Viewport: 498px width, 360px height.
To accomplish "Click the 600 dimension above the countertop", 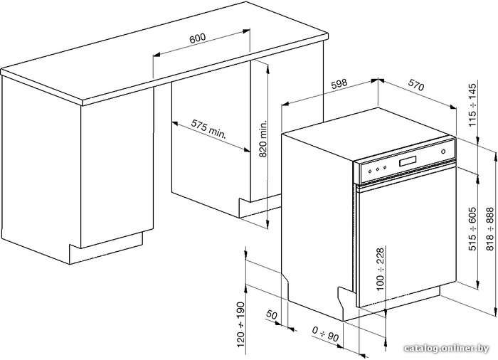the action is click(198, 38).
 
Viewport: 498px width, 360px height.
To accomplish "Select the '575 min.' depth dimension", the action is click(208, 129).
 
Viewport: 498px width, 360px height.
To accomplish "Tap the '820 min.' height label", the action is click(263, 139).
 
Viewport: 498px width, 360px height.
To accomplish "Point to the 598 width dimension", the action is click(339, 83).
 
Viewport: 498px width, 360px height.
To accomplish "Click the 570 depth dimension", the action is click(416, 85).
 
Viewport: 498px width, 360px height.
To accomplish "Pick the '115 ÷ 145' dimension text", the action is click(472, 105).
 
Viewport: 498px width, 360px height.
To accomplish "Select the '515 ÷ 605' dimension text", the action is click(472, 228).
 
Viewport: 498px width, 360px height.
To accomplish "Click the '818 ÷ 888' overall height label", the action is click(489, 228).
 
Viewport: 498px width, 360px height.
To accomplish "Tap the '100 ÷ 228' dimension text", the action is click(380, 269).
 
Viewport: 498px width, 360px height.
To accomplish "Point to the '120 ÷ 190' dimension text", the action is click(241, 324).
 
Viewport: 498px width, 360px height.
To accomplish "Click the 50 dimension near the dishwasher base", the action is click(272, 315).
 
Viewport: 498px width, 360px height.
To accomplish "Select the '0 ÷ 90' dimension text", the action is click(325, 334).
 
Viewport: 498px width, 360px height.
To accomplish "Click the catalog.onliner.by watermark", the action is click(446, 349).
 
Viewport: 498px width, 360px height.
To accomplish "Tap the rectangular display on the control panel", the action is click(408, 161).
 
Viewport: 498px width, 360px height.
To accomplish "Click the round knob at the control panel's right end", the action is click(443, 152).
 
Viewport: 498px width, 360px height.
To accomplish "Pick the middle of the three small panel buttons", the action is click(377, 169).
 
